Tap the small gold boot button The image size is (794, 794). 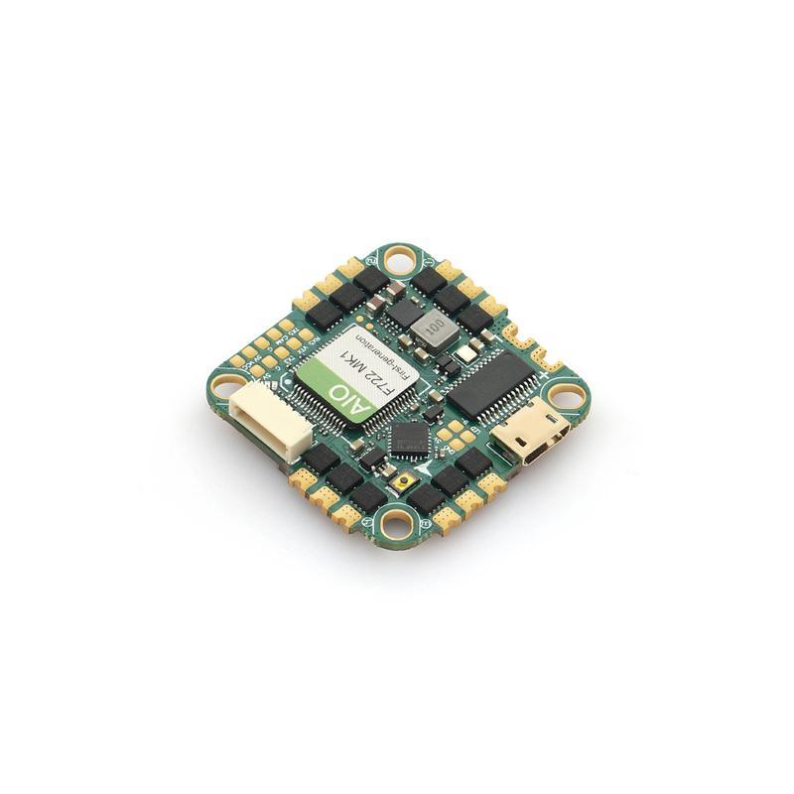[x=405, y=482]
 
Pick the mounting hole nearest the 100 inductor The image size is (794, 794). [x=401, y=261]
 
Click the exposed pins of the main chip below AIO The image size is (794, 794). [x=372, y=427]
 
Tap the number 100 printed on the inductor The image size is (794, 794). [x=433, y=327]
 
